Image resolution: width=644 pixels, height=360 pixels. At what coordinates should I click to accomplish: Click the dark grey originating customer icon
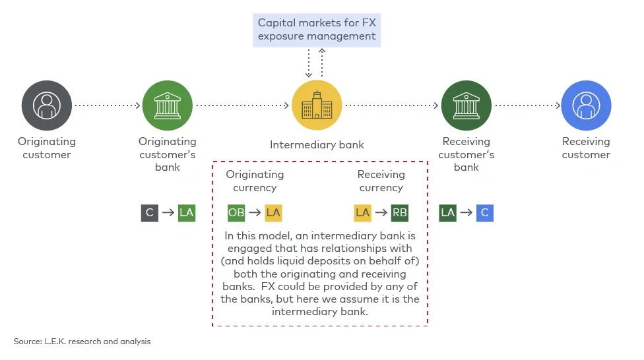click(x=46, y=105)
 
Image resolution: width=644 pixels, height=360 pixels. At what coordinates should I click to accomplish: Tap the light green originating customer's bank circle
click(x=167, y=105)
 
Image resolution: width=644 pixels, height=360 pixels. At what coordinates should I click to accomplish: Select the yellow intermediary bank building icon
click(x=317, y=105)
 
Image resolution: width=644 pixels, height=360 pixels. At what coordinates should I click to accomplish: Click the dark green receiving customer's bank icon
click(x=466, y=105)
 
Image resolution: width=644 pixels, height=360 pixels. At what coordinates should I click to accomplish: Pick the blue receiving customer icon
click(x=586, y=105)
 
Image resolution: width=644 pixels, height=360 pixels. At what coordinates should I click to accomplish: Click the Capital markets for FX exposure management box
click(x=317, y=30)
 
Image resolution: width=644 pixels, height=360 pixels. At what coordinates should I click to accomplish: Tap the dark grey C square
click(x=150, y=213)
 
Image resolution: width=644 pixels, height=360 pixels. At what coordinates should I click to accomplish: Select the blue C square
click(x=485, y=213)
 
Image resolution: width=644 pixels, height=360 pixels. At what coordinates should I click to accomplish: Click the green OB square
click(x=236, y=213)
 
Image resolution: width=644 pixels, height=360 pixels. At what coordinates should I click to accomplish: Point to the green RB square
click(x=400, y=213)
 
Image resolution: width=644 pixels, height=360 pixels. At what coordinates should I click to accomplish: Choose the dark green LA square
click(x=448, y=213)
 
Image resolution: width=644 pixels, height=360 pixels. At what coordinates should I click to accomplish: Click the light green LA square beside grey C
click(x=187, y=213)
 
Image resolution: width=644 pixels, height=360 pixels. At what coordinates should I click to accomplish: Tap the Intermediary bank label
click(x=317, y=145)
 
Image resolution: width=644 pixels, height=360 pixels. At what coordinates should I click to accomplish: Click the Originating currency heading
click(x=255, y=181)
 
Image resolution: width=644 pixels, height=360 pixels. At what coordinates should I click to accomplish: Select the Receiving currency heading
click(x=381, y=181)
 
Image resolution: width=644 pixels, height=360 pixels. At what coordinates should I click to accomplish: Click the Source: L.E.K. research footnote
click(x=82, y=342)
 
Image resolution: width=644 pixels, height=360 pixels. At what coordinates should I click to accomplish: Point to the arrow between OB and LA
click(x=255, y=213)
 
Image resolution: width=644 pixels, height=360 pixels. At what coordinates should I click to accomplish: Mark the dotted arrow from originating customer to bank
click(x=107, y=105)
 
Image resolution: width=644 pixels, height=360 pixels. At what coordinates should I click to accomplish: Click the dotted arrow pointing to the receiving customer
click(x=527, y=105)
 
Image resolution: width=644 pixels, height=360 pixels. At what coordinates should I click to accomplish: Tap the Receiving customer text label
click(x=586, y=148)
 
